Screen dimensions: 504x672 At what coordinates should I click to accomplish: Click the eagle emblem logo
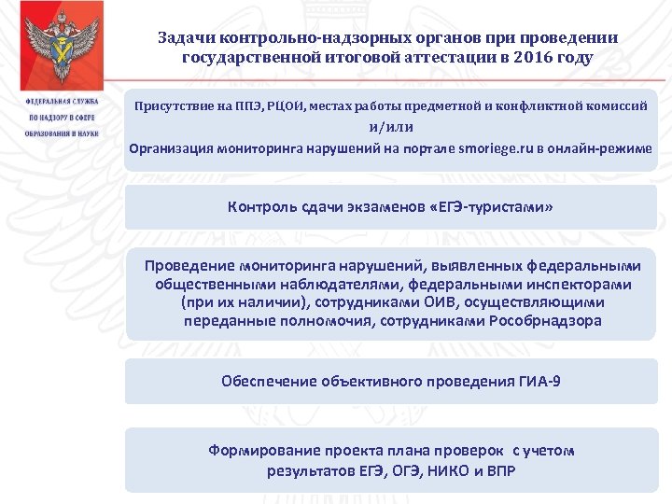[61, 48]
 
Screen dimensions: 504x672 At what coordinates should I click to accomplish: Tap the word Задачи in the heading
[186, 38]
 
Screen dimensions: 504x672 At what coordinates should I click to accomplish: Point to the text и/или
[390, 128]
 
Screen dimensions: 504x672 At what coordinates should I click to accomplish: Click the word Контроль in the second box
[262, 206]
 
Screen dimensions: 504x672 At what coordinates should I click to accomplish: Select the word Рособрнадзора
[545, 321]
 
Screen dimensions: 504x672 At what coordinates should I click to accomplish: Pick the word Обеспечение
[269, 381]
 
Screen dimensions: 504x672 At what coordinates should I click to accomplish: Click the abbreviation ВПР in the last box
[501, 469]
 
